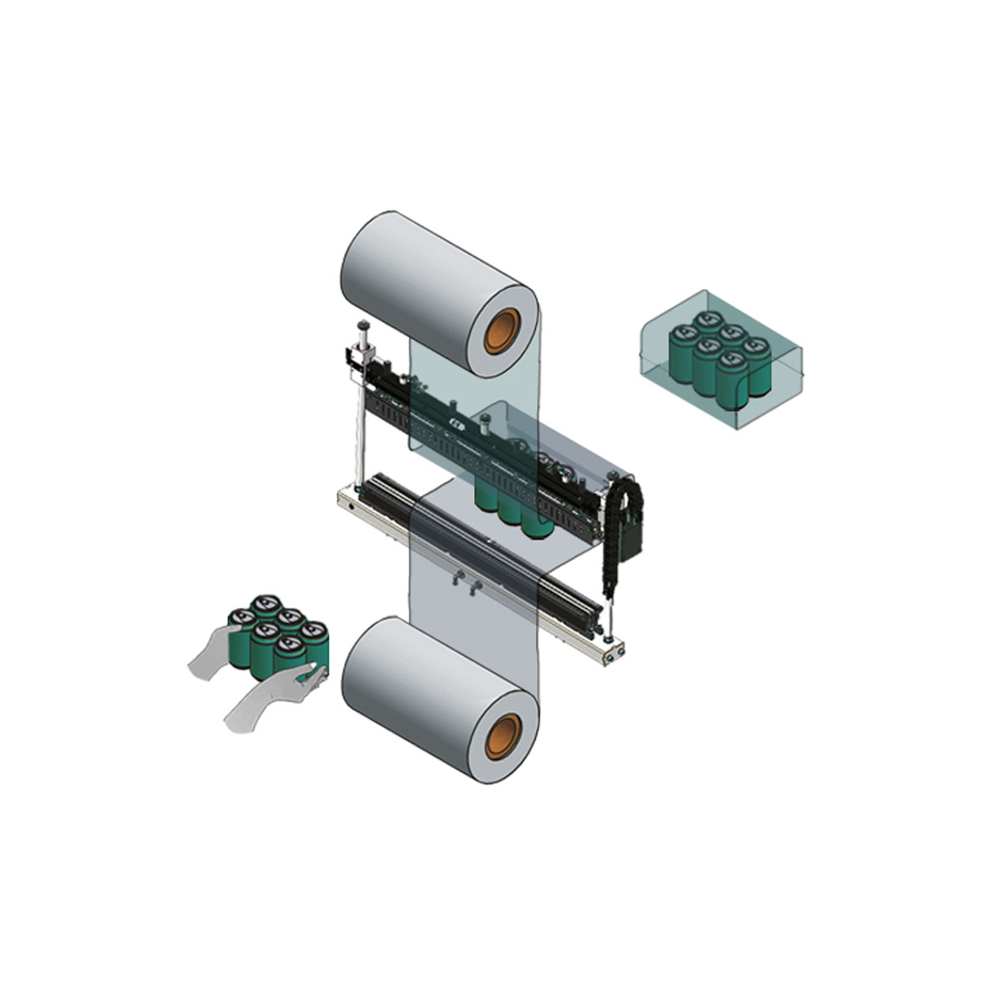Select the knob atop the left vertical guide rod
[364, 326]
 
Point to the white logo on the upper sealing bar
[457, 425]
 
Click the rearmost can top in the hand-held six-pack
[266, 601]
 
